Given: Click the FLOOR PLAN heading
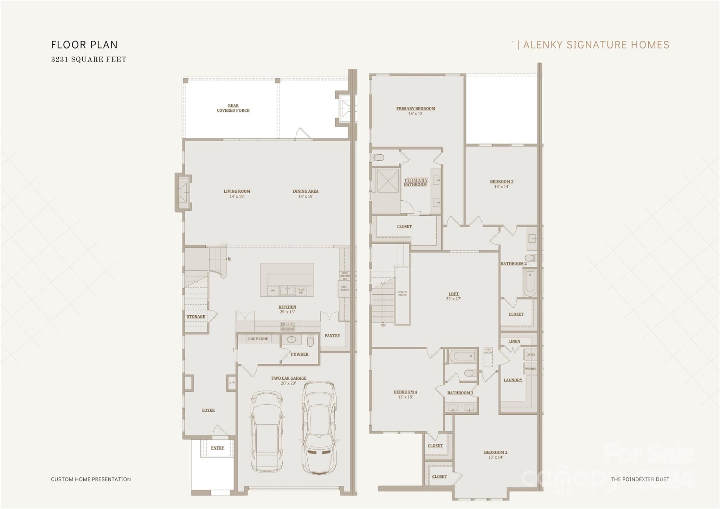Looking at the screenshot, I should tap(84, 45).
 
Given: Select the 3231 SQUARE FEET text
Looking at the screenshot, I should tap(89, 59).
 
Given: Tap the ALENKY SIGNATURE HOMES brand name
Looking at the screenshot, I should tap(596, 45).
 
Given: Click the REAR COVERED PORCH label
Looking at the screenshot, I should tap(233, 108).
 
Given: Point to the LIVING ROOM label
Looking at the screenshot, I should tap(237, 192).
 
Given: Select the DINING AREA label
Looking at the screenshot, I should tap(306, 192).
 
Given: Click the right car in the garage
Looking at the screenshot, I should tap(319, 427).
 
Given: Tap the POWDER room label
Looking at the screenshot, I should tap(300, 354).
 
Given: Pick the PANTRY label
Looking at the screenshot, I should tap(332, 336).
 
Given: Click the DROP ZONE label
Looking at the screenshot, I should tap(258, 339).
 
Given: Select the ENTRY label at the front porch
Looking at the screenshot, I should tap(217, 448).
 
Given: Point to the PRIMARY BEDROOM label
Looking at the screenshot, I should tap(416, 109).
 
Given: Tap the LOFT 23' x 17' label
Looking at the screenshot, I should tap(454, 296).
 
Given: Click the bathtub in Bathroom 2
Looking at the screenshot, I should tap(529, 283).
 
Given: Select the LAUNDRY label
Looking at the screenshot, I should tap(513, 380).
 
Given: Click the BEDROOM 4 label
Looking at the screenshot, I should tap(405, 392).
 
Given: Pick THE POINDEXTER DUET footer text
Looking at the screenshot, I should tap(640, 479).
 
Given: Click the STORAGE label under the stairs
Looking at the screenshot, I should tap(196, 317).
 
